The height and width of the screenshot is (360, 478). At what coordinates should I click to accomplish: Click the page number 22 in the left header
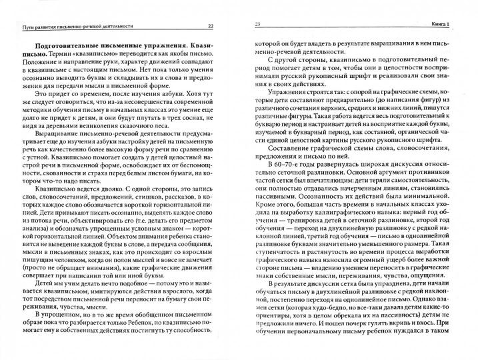(x=211, y=25)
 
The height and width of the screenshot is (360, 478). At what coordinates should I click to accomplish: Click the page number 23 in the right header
(x=257, y=25)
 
